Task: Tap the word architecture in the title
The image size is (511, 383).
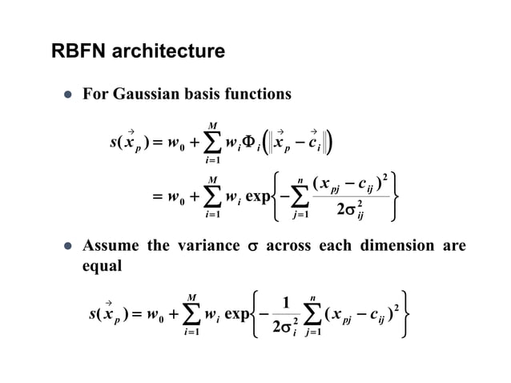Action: [169, 53]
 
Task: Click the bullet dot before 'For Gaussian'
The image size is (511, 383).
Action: [68, 95]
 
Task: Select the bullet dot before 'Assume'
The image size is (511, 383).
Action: [68, 247]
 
